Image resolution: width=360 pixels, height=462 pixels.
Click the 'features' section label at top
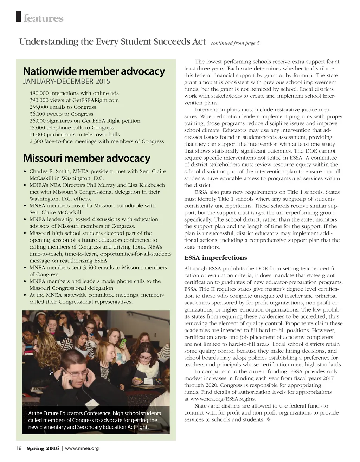(x=43, y=18)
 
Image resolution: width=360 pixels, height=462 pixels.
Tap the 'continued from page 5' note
(x=235, y=43)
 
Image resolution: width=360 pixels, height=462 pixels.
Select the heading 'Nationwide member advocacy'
(x=94, y=71)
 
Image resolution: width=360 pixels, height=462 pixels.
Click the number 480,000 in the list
(x=39, y=93)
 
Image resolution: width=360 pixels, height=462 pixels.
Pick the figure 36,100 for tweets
(x=38, y=114)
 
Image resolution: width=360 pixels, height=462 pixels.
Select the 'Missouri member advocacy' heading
(x=86, y=158)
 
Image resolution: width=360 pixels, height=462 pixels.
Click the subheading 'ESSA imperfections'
(x=216, y=258)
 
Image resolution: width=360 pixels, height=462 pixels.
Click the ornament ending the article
(x=269, y=420)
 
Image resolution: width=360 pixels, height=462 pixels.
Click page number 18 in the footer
(x=19, y=448)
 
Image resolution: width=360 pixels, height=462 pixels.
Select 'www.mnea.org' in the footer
(x=82, y=448)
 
